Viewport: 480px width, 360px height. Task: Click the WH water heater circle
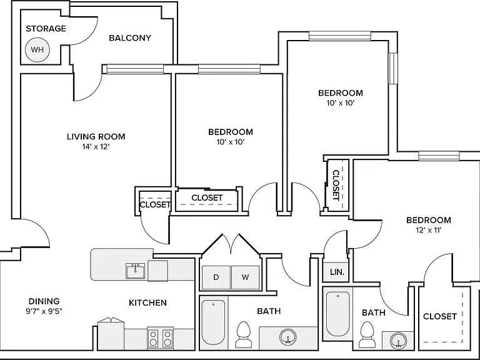37,49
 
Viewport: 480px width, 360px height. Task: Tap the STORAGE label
46,29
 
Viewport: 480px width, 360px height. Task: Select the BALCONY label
130,38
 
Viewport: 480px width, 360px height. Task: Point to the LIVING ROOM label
96,136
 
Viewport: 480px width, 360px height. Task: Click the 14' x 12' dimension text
96,147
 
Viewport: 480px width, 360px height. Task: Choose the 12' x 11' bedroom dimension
428,230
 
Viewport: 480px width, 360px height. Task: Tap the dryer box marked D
216,277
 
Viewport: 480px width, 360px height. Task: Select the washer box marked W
245,277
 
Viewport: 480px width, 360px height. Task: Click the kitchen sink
135,271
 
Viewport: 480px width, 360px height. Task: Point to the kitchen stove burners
161,337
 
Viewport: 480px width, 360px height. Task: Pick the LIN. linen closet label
337,272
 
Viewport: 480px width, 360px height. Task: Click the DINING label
44,301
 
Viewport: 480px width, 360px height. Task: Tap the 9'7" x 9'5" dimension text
44,312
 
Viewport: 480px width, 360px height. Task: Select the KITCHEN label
148,302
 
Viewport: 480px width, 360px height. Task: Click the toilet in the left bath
244,334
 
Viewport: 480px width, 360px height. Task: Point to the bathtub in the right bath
337,314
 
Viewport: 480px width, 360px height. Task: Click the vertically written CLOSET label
336,185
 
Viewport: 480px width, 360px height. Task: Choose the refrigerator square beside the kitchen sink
157,271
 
